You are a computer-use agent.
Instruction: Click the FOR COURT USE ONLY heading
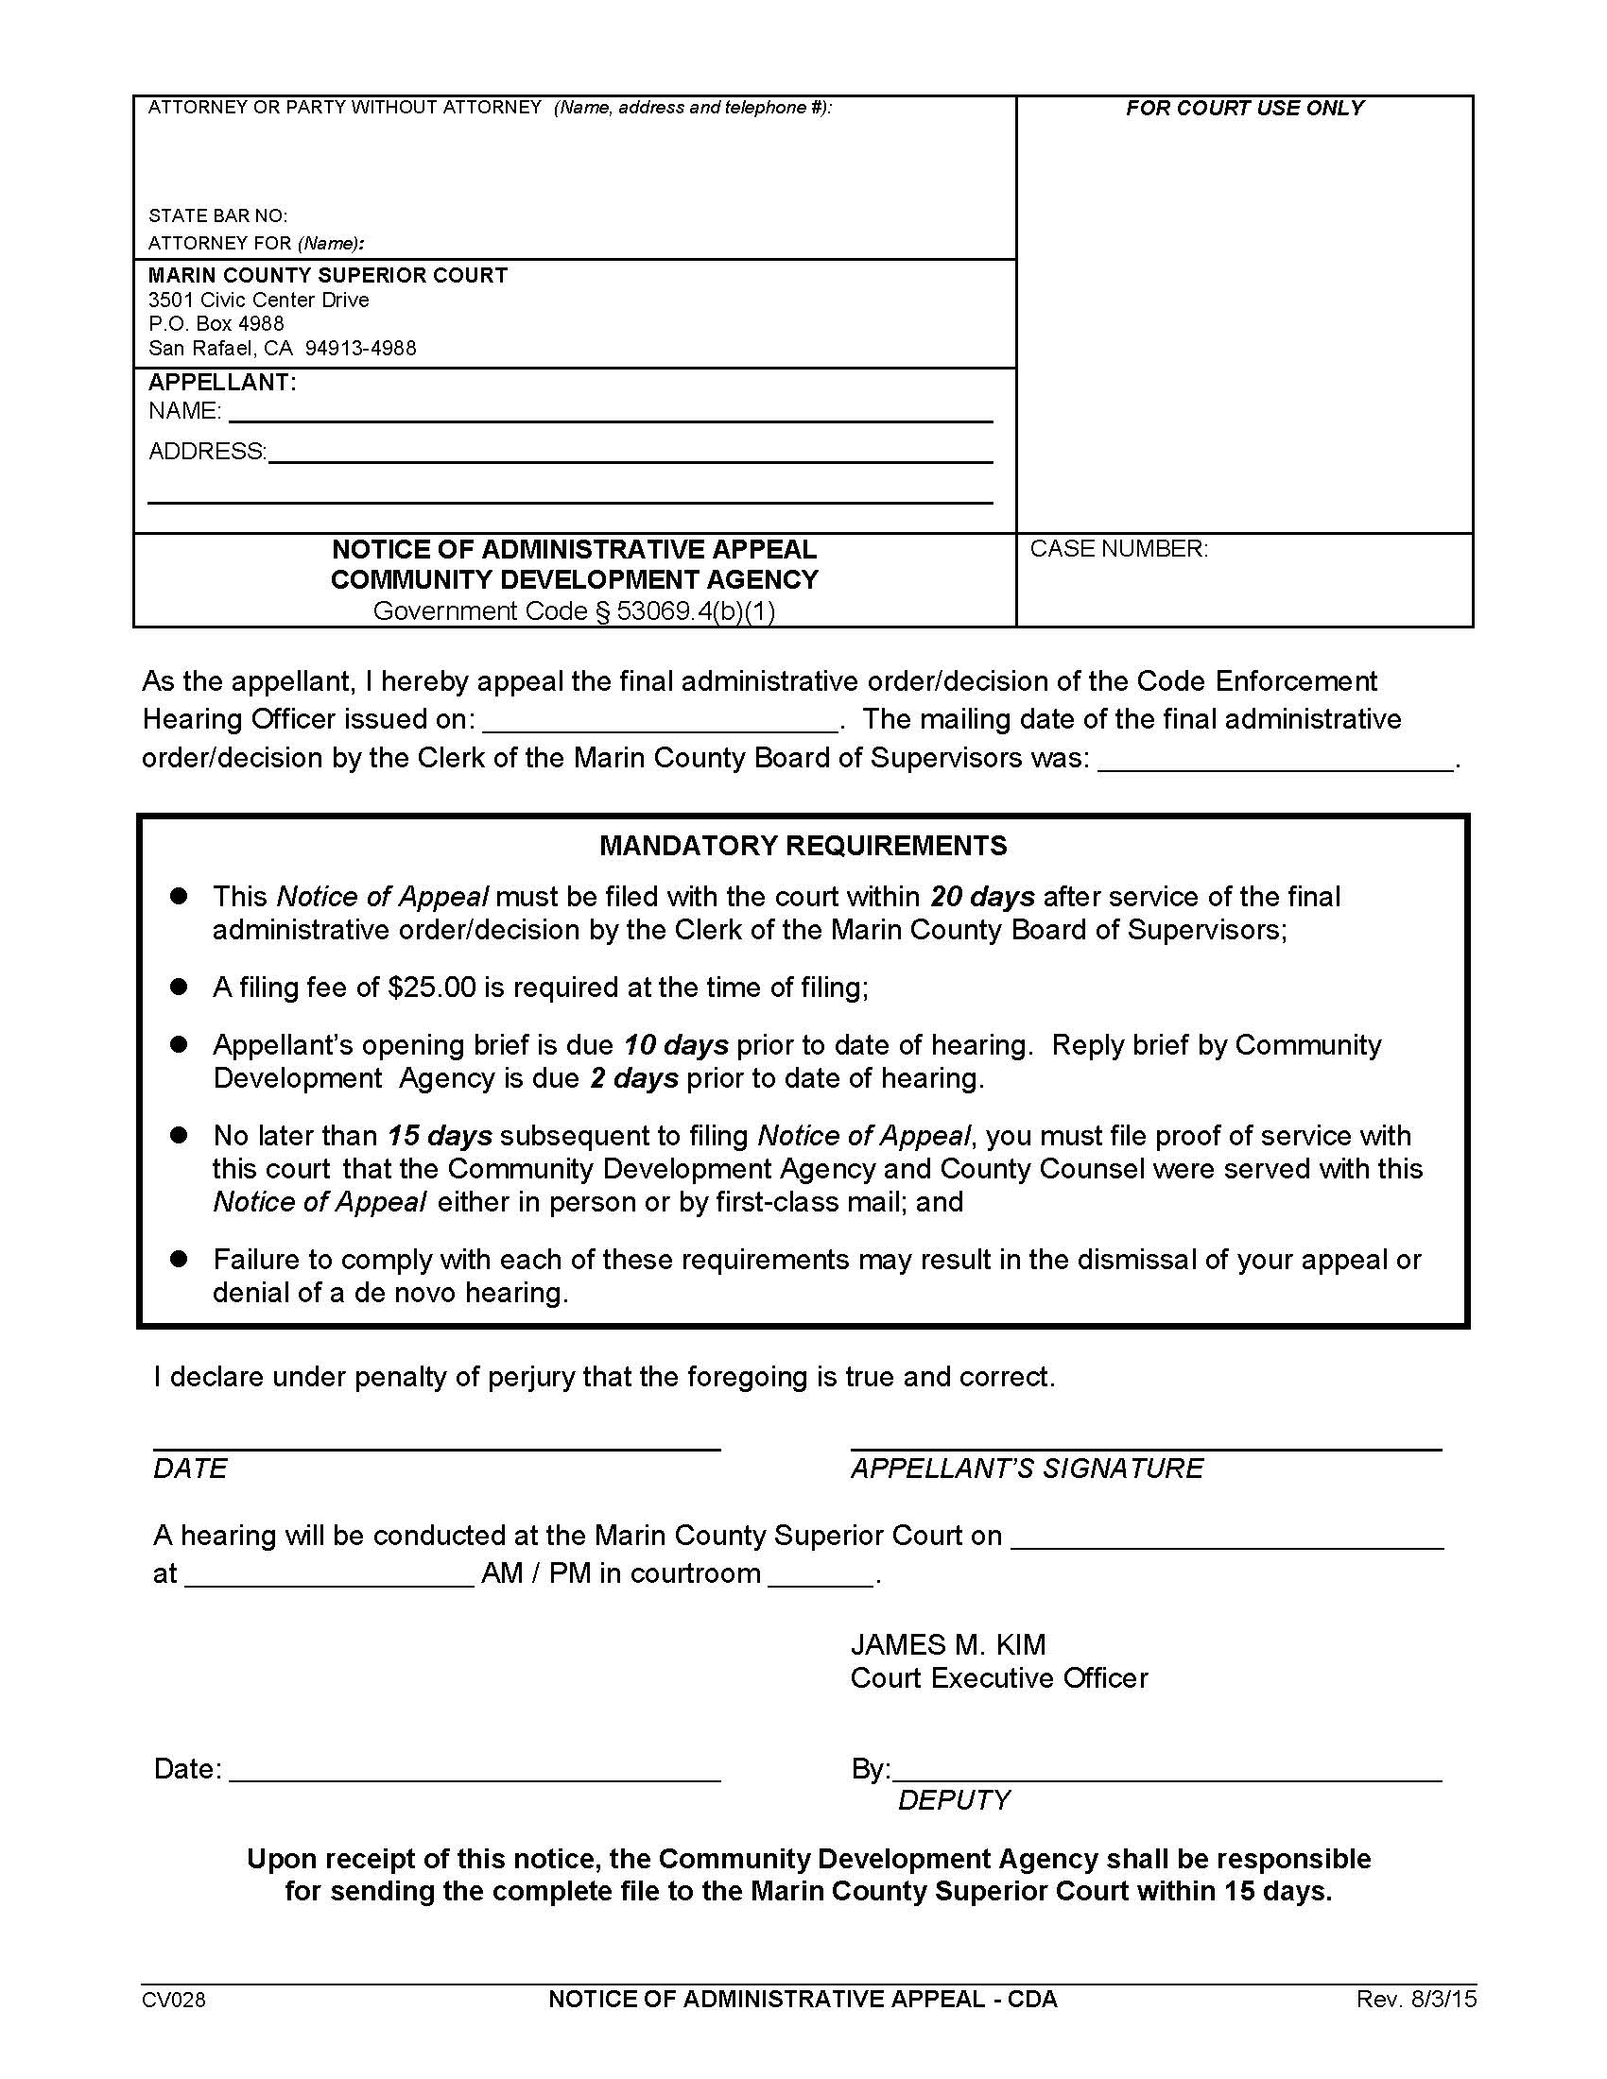click(x=1244, y=109)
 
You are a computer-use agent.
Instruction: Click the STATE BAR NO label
click(x=218, y=216)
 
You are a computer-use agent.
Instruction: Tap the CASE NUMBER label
click(x=1118, y=549)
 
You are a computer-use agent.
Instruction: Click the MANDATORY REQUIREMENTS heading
click(x=803, y=846)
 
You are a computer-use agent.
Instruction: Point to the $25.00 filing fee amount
click(x=431, y=988)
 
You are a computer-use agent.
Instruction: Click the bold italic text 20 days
click(x=981, y=897)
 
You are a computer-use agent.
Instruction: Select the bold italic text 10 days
click(x=676, y=1045)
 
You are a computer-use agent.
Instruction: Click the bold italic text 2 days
click(x=634, y=1078)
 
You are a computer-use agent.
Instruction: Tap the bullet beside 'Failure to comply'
click(x=178, y=1259)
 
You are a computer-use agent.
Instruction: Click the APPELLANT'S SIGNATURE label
click(x=1027, y=1468)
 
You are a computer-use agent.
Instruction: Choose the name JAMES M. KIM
click(x=948, y=1644)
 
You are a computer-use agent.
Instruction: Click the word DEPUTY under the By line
click(x=954, y=1800)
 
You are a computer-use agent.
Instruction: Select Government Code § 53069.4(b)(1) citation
click(x=574, y=611)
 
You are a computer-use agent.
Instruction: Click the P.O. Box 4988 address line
click(x=216, y=323)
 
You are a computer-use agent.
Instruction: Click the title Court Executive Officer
click(x=998, y=1677)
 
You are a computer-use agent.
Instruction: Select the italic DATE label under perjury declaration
click(x=190, y=1468)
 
